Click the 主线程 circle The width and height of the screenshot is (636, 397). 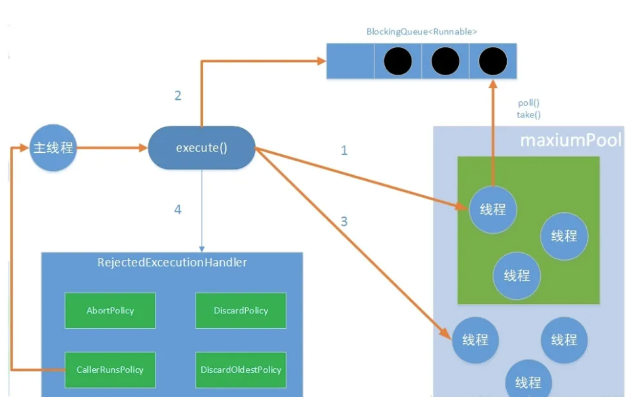coord(53,148)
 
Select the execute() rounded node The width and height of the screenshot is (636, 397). coord(201,148)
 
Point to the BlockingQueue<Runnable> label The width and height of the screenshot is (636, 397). coord(422,32)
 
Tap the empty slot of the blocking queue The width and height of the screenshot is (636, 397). coord(350,61)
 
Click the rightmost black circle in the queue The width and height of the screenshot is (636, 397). coord(493,61)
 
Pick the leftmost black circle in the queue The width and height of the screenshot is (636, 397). coord(398,61)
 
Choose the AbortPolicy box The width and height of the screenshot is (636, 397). coord(110,310)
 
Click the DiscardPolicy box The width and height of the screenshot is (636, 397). coord(241,310)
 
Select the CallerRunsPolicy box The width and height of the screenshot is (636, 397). coord(110,369)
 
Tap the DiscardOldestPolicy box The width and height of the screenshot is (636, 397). coord(241,369)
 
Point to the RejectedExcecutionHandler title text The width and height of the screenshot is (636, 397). coord(172,262)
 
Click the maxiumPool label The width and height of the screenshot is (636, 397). coord(571,141)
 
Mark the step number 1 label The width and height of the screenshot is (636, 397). coord(344,151)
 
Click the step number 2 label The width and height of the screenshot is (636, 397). coord(178,95)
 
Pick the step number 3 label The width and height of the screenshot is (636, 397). coord(344,222)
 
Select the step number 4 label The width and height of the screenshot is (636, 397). coord(178,210)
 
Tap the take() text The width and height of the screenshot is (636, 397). coord(529,115)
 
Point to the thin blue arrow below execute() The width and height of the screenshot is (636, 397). coord(201,213)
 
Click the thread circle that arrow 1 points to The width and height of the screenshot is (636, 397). coord(493,209)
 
